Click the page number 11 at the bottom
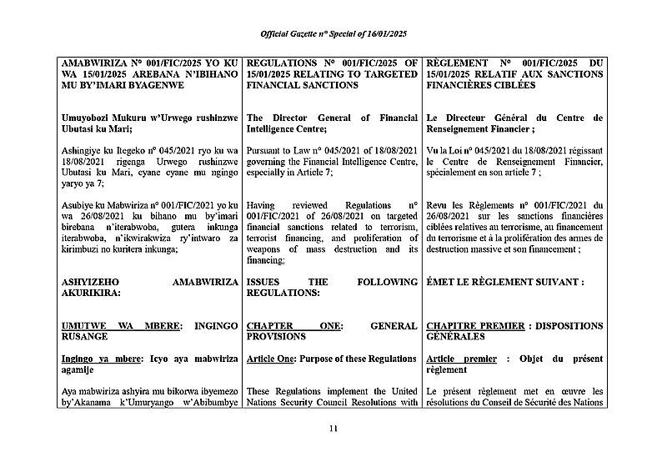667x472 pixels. [333, 429]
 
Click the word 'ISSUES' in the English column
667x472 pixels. [267, 283]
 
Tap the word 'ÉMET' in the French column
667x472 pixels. [441, 283]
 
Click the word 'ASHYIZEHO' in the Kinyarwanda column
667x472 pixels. [94, 283]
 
